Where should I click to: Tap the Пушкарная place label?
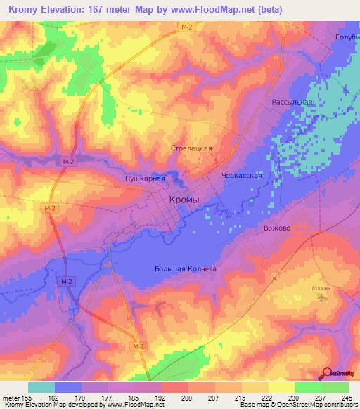pyautogui.click(x=145, y=178)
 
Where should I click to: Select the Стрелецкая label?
pyautogui.click(x=191, y=149)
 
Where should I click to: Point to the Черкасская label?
pyautogui.click(x=241, y=176)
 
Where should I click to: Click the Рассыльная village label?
pyautogui.click(x=292, y=102)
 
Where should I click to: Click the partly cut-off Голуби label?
pyautogui.click(x=348, y=37)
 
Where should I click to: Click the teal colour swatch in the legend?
pyautogui.click(x=41, y=387)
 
